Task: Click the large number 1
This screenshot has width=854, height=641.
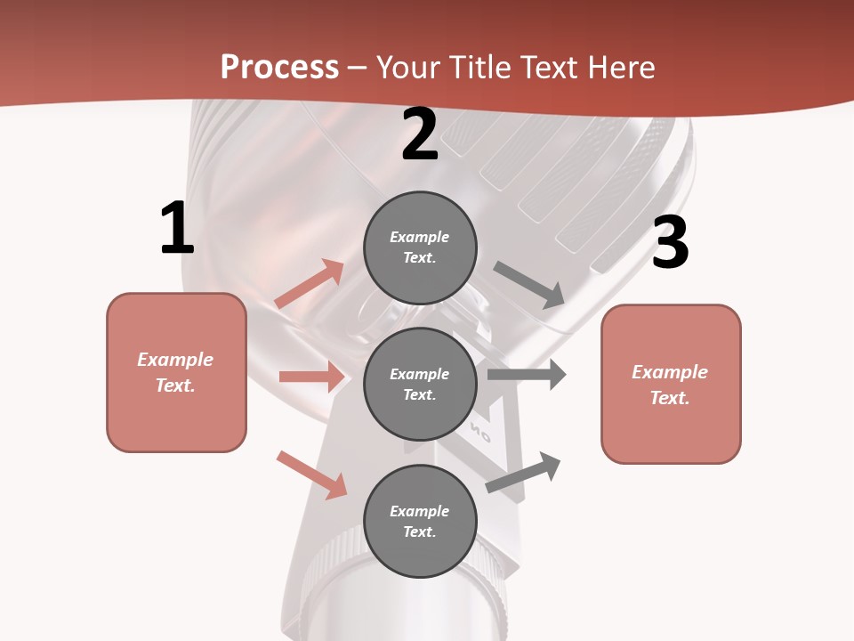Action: [x=177, y=229]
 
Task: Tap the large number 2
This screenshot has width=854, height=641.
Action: [x=419, y=135]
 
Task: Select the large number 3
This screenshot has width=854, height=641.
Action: [x=670, y=242]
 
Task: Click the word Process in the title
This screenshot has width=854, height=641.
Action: [x=279, y=67]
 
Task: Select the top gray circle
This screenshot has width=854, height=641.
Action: [x=420, y=247]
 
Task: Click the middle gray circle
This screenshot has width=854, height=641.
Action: [x=420, y=384]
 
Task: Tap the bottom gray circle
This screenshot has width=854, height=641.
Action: [x=420, y=521]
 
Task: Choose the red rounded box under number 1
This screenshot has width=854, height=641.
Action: [x=176, y=372]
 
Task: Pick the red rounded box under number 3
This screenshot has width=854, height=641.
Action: [x=671, y=385]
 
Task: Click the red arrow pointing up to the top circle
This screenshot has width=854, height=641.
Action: [x=310, y=285]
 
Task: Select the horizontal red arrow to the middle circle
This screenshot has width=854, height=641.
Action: [x=311, y=377]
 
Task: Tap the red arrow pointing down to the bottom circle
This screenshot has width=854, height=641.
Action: [x=312, y=475]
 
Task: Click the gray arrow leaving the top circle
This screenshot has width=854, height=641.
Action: [x=529, y=285]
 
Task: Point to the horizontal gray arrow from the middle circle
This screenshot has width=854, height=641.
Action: [x=526, y=375]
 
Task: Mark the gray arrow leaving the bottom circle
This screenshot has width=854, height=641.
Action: [x=523, y=472]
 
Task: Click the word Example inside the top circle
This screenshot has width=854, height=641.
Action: [x=419, y=238]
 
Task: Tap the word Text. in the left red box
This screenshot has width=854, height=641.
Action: [x=175, y=385]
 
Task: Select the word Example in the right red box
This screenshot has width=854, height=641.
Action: [x=670, y=372]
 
